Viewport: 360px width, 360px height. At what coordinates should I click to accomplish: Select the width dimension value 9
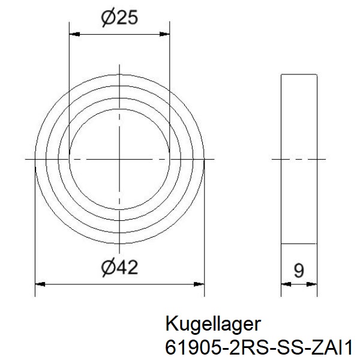tap(299, 270)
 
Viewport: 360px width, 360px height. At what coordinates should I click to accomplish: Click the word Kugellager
tap(212, 325)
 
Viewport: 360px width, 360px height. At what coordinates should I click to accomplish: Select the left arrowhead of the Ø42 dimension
tap(40, 284)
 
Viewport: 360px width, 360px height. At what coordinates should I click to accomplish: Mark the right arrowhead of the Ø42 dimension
tap(200, 284)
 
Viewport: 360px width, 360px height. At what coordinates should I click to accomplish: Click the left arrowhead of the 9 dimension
tap(285, 284)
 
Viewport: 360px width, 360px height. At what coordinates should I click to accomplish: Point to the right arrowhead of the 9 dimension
tap(313, 284)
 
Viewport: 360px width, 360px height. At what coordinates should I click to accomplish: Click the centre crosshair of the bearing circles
tap(120, 159)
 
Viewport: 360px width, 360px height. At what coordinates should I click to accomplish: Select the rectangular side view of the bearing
tap(299, 159)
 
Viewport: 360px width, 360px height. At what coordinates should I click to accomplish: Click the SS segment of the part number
tap(275, 346)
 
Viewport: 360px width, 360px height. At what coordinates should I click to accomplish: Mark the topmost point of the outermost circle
tap(120, 74)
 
